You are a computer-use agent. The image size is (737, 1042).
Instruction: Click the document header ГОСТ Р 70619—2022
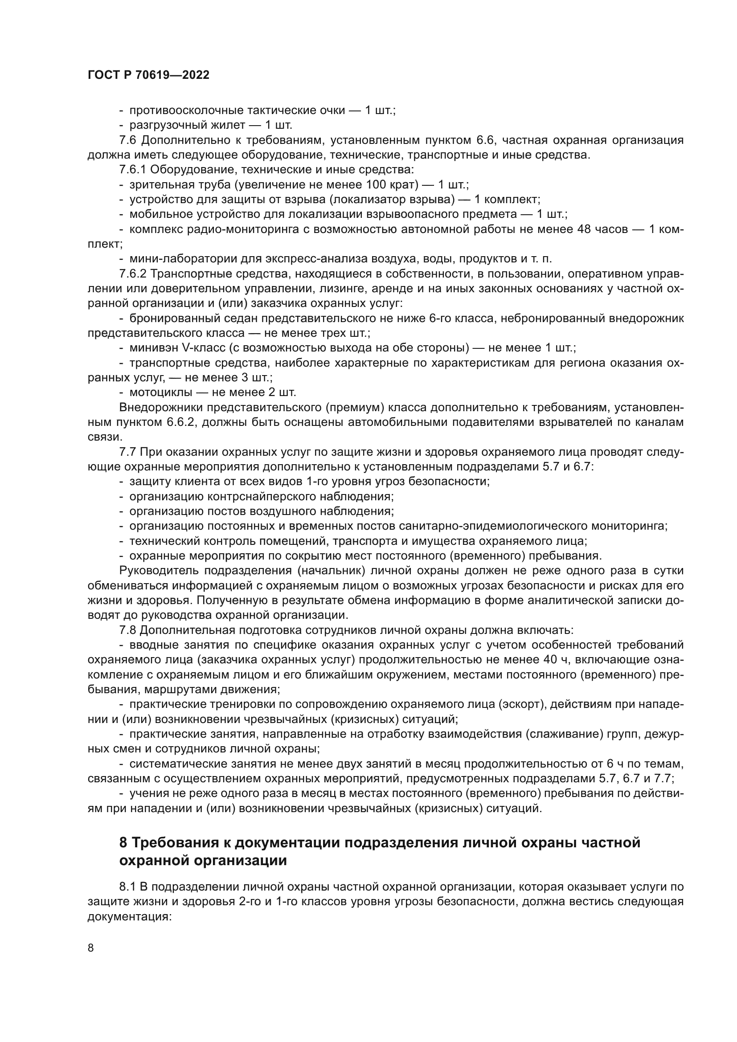(x=148, y=75)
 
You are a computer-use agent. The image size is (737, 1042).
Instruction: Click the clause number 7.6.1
(x=133, y=170)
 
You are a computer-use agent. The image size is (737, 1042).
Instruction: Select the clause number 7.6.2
(x=133, y=274)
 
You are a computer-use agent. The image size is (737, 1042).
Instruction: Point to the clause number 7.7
(x=127, y=452)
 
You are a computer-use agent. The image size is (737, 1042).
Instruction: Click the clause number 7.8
(x=127, y=630)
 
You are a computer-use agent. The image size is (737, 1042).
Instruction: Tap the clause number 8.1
(x=127, y=887)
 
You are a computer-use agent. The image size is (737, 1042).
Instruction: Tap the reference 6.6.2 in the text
(x=180, y=422)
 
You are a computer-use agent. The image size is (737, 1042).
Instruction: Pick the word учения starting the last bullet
(x=145, y=794)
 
